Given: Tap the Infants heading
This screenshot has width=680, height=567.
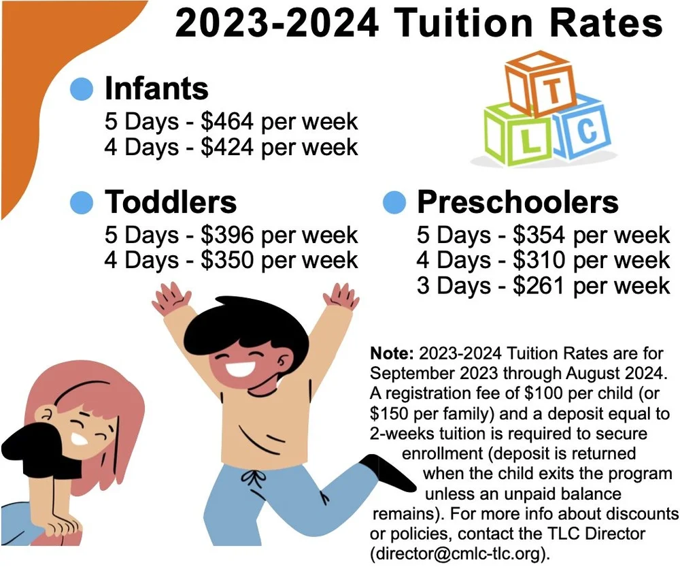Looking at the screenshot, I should tap(156, 88).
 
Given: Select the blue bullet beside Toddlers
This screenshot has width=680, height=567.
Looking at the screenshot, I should tap(81, 202).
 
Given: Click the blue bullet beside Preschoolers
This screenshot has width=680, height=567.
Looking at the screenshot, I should tap(394, 202).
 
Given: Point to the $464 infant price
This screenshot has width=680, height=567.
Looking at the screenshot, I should tap(228, 122).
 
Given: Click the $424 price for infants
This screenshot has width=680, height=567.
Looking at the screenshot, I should tap(228, 147).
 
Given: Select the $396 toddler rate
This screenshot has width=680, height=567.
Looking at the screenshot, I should tap(228, 235).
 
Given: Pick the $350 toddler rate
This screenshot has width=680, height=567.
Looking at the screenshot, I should tap(228, 260).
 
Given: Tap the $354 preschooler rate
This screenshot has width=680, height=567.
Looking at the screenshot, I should tap(540, 236).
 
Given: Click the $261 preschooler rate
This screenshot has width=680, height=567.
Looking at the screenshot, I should tap(540, 285).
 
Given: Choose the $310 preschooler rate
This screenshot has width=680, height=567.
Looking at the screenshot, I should tap(540, 260).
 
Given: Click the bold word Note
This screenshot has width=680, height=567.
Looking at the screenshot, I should tap(392, 354).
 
